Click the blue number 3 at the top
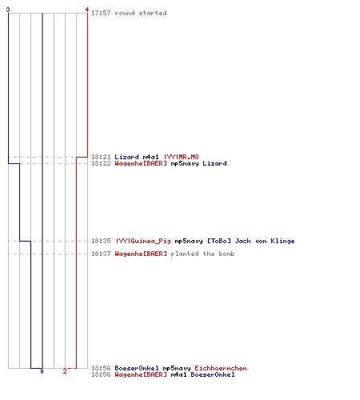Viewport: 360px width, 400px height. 8,10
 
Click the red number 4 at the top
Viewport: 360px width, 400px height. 87,10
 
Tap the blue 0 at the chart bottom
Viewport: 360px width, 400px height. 42,371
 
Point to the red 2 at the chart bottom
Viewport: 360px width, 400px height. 65,371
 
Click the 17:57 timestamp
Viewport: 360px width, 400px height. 101,13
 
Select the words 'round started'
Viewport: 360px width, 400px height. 141,13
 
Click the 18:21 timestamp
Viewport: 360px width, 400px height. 101,157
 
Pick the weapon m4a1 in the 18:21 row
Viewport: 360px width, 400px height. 150,157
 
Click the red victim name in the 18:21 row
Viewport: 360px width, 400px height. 181,157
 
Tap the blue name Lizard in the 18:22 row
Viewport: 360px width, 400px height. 214,163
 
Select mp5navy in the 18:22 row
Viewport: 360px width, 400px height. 185,163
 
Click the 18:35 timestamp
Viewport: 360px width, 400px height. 101,241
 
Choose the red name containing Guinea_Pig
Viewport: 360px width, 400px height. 143,241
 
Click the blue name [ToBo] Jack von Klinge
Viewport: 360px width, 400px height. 251,241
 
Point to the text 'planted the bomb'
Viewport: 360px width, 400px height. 202,254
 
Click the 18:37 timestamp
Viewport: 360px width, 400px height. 101,254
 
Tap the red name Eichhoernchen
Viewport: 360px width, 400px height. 221,368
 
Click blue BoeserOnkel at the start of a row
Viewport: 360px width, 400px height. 137,368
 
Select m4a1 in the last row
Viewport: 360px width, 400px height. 178,374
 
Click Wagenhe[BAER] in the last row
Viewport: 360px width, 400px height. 141,374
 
